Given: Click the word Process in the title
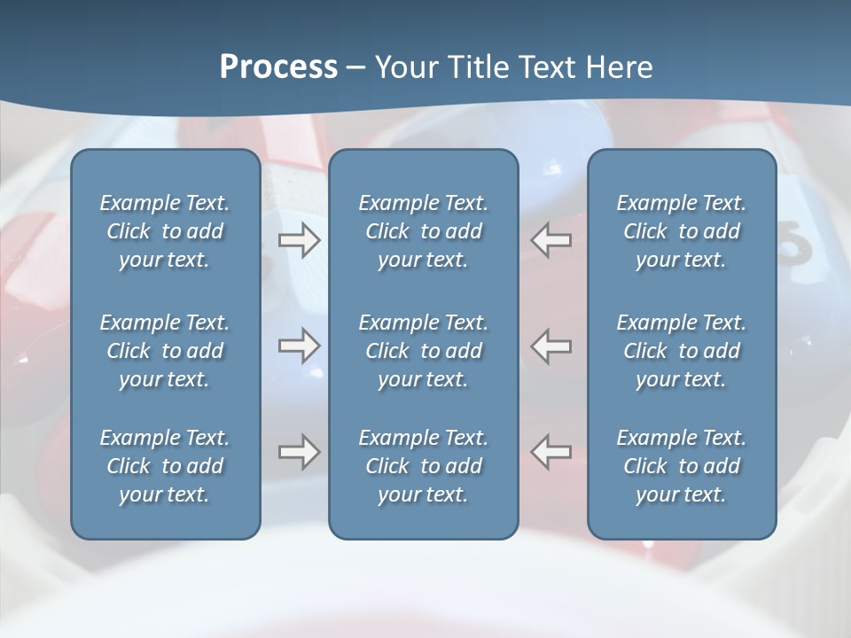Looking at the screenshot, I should [278, 67].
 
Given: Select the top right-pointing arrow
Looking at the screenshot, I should [300, 240].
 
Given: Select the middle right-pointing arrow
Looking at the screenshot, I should [300, 346].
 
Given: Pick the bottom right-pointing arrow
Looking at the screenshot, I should [300, 452].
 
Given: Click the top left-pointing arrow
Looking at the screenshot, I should [551, 240].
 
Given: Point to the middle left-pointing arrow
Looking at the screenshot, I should [551, 346].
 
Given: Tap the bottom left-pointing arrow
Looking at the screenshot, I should [551, 452].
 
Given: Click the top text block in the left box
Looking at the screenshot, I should [165, 231].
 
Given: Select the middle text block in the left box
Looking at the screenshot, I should [165, 351].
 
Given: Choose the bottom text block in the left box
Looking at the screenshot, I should [165, 466].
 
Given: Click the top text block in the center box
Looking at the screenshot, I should [424, 231].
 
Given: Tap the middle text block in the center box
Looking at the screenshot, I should [424, 351].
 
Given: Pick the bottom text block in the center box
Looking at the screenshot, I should [424, 466].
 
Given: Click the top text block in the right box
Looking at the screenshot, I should [682, 231].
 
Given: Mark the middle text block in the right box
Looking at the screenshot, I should [682, 351].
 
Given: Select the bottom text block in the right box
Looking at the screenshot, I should [682, 466].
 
